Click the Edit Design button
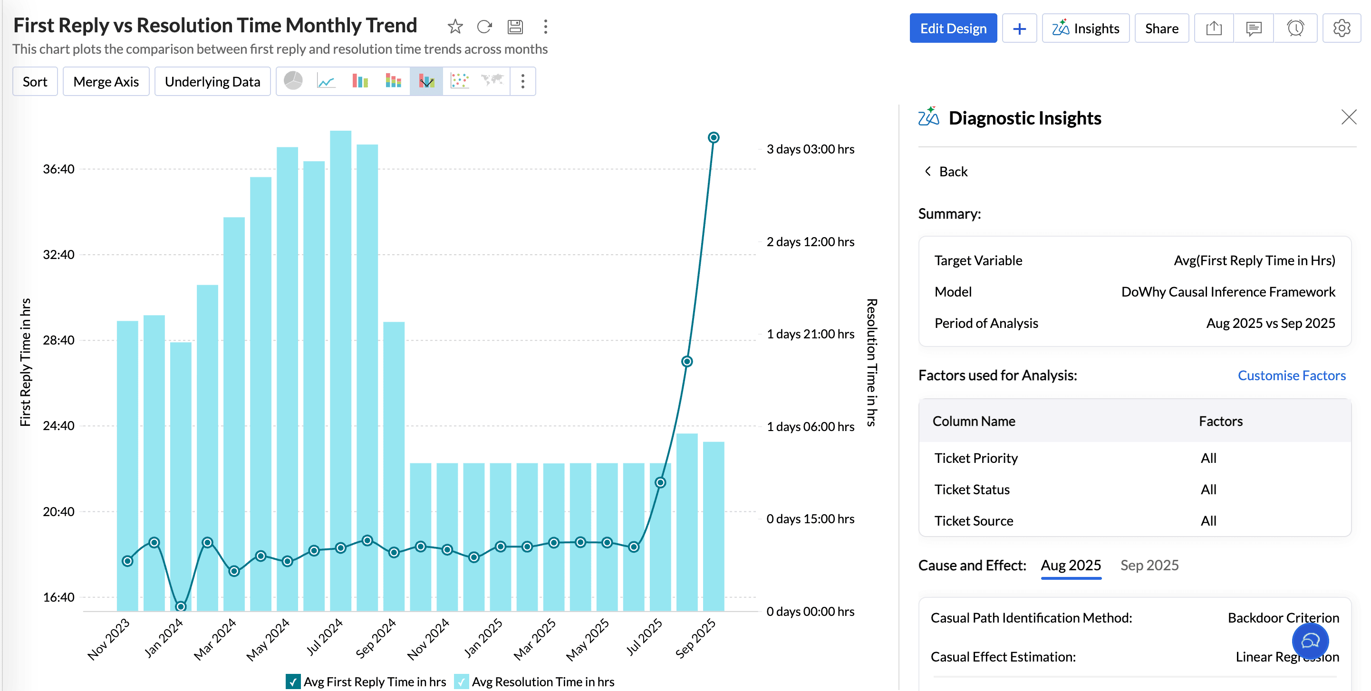coord(953,28)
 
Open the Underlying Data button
coord(212,81)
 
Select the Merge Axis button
coord(106,81)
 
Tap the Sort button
coord(35,81)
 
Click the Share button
coord(1161,28)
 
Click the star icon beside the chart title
coord(455,26)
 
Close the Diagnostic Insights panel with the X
coord(1349,117)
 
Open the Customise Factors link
coord(1291,375)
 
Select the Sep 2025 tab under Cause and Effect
coord(1149,565)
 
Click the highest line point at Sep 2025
coord(713,138)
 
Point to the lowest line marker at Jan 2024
coord(181,606)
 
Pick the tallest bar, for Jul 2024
coord(341,373)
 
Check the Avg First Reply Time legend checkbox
coord(293,681)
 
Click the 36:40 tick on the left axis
coord(58,169)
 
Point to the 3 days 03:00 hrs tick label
coord(810,149)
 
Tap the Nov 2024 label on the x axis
coord(429,639)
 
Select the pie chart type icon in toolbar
coord(293,81)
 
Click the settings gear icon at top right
coord(1341,28)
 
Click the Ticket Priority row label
coord(976,458)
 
